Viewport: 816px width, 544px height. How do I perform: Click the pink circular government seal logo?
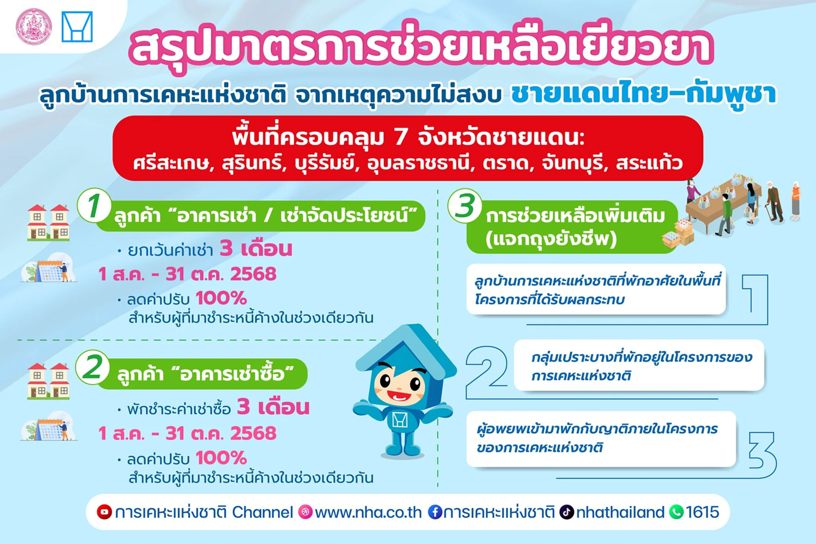34,27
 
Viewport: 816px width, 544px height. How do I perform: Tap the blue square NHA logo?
77,27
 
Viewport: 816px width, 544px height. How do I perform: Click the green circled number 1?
94,206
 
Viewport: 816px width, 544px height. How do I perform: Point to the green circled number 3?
465,206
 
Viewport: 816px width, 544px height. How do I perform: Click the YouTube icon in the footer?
104,512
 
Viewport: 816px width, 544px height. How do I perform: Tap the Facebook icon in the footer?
435,512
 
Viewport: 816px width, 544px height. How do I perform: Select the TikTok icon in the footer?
567,512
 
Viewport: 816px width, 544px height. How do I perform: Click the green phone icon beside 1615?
676,512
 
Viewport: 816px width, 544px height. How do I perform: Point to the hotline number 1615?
702,512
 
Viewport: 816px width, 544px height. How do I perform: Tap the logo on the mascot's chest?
400,420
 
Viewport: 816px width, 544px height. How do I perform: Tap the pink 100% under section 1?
222,298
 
